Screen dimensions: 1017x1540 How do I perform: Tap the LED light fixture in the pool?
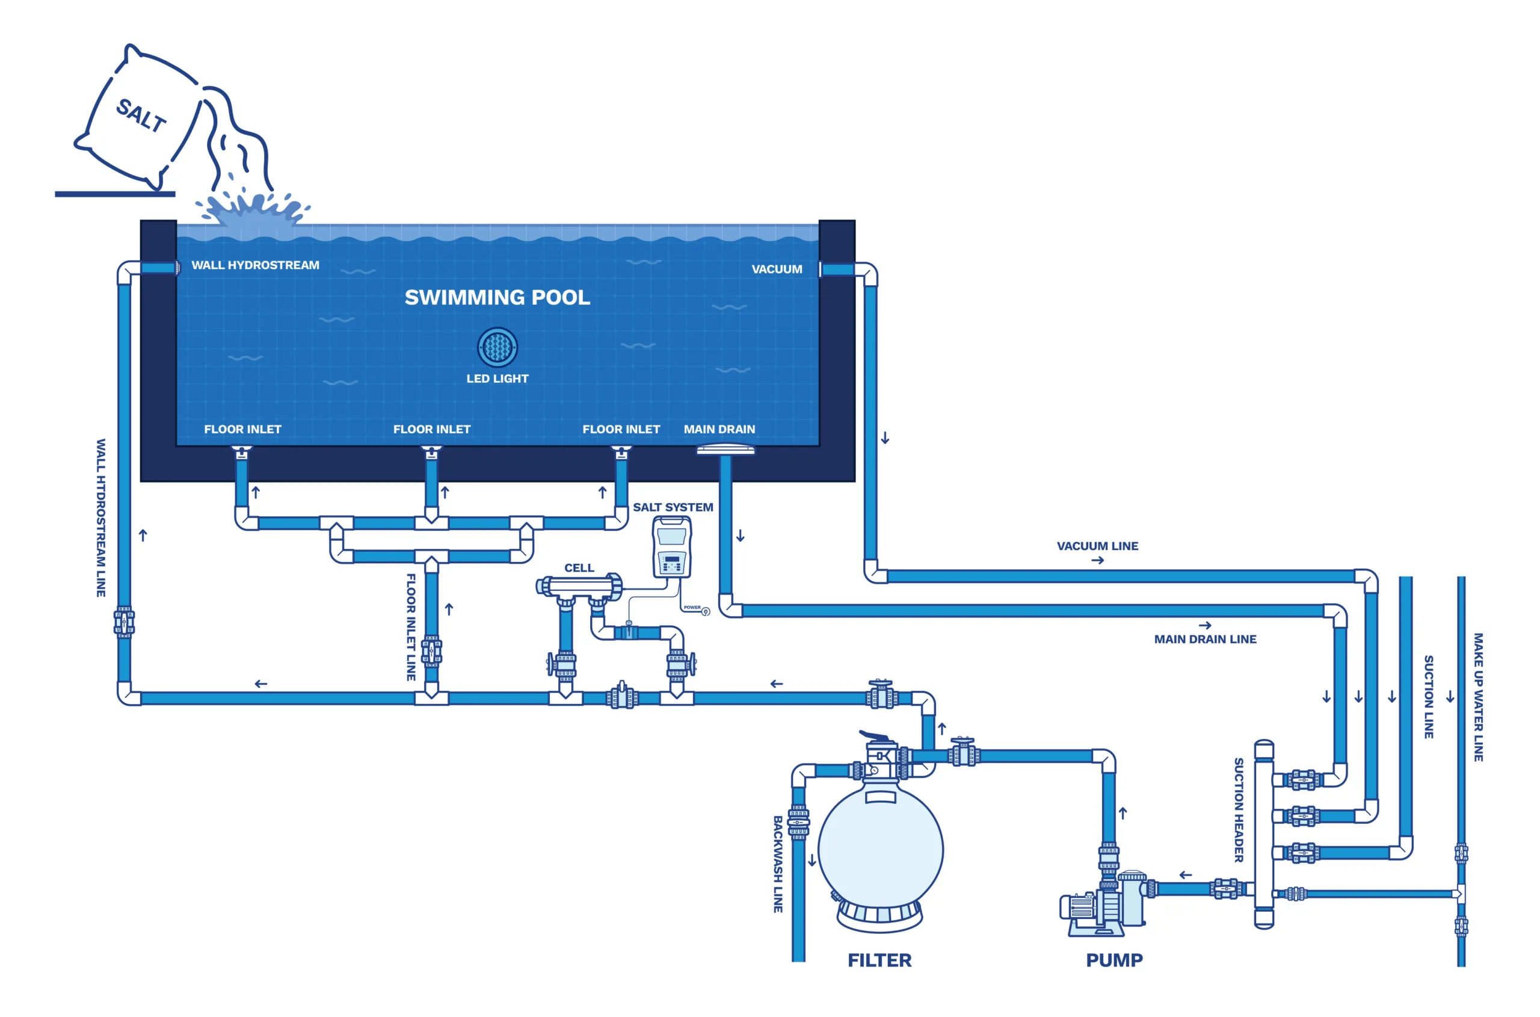497,347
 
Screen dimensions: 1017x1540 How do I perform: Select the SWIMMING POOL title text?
497,297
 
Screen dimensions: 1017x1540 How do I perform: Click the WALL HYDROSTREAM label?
255,265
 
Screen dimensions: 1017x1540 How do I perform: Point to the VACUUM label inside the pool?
776,269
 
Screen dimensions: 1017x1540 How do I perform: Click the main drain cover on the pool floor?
725,449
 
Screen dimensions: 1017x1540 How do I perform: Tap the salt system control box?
671,547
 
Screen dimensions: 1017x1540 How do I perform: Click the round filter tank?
880,850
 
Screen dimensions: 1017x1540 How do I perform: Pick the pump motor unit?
1102,905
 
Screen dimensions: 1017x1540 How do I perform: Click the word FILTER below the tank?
879,960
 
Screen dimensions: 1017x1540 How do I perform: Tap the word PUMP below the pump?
1114,960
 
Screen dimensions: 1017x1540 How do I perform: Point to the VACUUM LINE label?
1097,546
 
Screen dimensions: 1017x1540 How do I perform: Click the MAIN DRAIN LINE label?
1205,639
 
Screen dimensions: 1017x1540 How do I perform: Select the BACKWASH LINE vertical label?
777,864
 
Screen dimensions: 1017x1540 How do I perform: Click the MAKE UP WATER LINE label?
1479,697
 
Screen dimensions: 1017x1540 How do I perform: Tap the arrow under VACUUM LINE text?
1097,560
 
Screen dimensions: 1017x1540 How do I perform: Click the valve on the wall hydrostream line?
124,622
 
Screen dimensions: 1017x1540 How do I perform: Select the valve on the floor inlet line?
431,652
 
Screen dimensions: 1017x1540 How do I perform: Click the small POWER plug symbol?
706,611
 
